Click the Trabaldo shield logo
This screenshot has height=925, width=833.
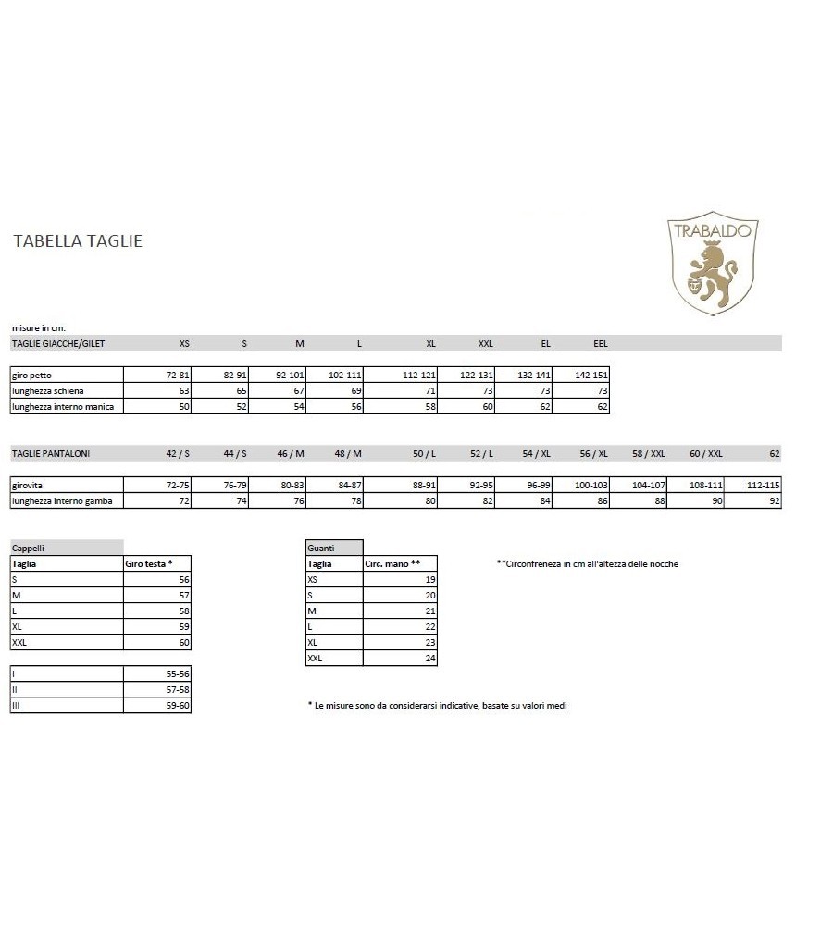(x=713, y=263)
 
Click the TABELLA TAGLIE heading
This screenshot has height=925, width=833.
(x=78, y=241)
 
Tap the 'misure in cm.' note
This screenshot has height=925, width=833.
(x=38, y=327)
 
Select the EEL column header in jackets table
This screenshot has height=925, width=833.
(x=600, y=343)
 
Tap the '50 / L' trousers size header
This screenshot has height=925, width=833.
(x=424, y=453)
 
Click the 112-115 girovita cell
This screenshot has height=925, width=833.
(x=765, y=485)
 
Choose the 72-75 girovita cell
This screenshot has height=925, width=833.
(x=176, y=485)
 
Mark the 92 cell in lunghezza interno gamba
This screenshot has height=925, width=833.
(x=775, y=500)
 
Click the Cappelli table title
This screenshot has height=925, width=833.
(x=28, y=548)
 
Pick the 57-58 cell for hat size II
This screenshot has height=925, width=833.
(x=176, y=690)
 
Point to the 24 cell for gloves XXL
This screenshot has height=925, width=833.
(x=429, y=658)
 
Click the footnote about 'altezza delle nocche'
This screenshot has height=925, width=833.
(x=587, y=563)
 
